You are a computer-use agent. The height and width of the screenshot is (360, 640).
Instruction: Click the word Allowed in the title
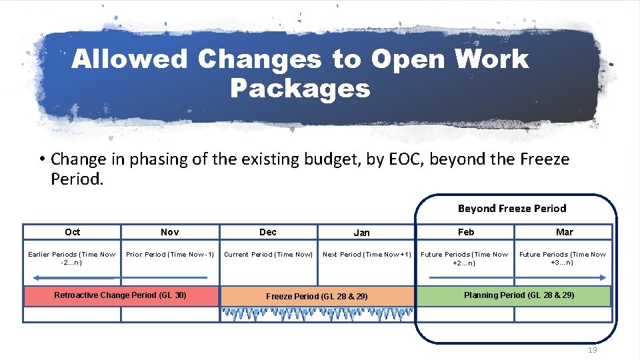[x=130, y=59]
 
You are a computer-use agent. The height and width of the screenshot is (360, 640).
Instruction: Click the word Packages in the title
[x=300, y=87]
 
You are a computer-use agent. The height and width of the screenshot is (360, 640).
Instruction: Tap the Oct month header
[x=73, y=232]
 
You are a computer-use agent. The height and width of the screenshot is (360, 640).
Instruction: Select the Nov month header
[x=170, y=232]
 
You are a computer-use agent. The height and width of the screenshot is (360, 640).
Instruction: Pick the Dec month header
[x=268, y=232]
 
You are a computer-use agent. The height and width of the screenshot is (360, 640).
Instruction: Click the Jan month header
[x=362, y=233]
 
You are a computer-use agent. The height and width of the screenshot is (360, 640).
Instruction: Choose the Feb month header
[x=466, y=232]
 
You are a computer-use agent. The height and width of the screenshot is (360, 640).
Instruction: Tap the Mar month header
[x=565, y=232]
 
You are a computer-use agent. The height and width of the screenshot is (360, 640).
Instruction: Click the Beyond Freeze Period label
[x=512, y=208]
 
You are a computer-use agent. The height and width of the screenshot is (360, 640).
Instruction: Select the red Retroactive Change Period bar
[x=121, y=295]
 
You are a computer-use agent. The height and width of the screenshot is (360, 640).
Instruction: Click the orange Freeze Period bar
[x=317, y=296]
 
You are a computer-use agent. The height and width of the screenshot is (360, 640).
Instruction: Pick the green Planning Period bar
[x=513, y=295]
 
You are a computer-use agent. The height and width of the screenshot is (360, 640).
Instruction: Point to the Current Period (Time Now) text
[x=268, y=255]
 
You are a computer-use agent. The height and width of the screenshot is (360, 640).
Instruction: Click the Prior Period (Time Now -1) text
[x=170, y=255]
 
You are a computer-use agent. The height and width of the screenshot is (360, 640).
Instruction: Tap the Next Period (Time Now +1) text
[x=366, y=255]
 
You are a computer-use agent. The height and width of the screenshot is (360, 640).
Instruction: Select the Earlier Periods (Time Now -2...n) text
[x=72, y=258]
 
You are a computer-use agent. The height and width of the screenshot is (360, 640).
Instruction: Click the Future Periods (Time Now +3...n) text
[x=563, y=258]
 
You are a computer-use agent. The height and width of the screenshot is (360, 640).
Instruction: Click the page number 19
[x=593, y=350]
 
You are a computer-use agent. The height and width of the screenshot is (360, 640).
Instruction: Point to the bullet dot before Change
[x=41, y=159]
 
